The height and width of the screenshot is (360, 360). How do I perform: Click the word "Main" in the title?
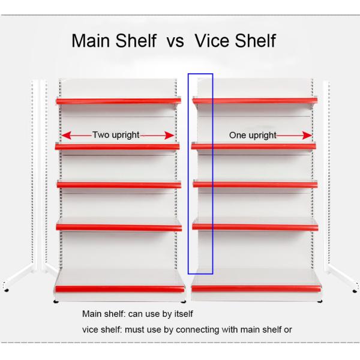(91, 41)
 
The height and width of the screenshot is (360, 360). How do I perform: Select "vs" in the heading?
(175, 43)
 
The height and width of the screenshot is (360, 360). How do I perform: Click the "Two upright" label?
(116, 135)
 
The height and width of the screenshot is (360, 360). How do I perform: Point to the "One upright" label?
(253, 135)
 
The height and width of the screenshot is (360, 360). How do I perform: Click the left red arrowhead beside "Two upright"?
(67, 136)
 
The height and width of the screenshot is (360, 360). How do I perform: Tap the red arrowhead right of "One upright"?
(307, 136)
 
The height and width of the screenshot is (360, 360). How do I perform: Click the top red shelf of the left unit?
(118, 101)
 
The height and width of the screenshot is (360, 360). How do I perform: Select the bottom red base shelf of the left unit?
(119, 289)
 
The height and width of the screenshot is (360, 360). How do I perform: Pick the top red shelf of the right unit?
(255, 101)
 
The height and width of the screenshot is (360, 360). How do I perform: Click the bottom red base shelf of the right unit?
(256, 289)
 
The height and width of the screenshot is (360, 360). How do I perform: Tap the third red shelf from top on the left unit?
(119, 185)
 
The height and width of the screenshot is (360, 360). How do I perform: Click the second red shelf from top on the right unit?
(253, 146)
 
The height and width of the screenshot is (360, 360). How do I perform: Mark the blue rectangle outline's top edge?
(200, 74)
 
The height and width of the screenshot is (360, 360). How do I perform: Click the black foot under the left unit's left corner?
(56, 301)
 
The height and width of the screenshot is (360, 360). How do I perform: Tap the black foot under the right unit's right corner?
(320, 301)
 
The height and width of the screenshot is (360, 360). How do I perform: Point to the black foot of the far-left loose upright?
(7, 290)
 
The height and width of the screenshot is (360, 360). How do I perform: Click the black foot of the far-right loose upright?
(355, 291)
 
